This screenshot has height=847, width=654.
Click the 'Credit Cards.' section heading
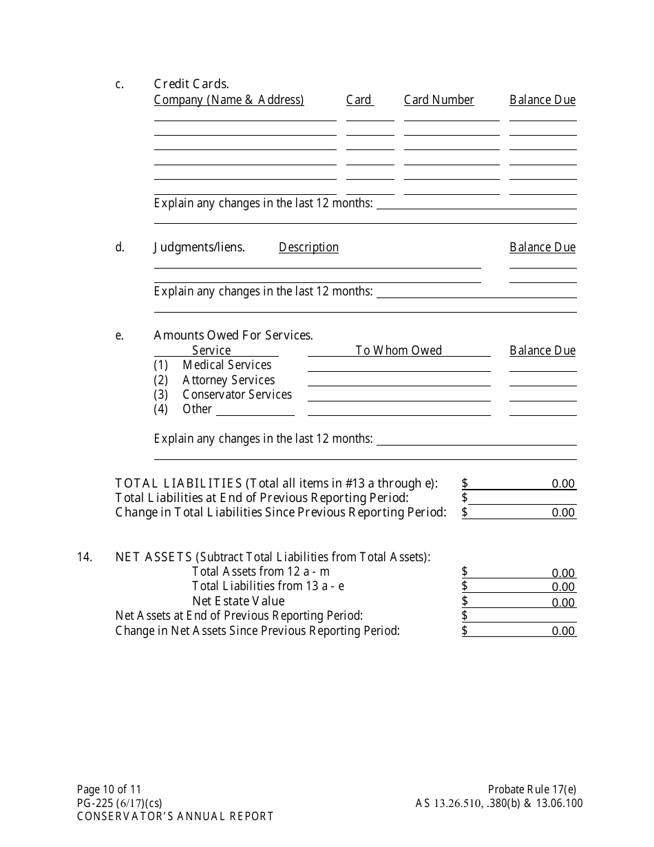pyautogui.click(x=191, y=84)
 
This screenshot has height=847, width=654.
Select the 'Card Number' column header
pyautogui.click(x=439, y=100)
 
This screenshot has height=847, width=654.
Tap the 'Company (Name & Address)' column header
pyautogui.click(x=229, y=100)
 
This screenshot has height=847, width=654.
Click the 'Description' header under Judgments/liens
pyautogui.click(x=308, y=247)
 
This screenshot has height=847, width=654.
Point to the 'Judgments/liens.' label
pyautogui.click(x=199, y=247)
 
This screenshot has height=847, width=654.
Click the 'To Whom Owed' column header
pyautogui.click(x=399, y=351)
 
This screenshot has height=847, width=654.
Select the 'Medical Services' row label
pyautogui.click(x=226, y=365)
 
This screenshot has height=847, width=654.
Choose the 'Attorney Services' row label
pyautogui.click(x=228, y=380)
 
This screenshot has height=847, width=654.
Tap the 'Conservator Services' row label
pyautogui.click(x=237, y=395)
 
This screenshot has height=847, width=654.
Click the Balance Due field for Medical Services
pyautogui.click(x=542, y=366)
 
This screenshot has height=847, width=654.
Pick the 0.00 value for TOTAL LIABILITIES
pyautogui.click(x=562, y=483)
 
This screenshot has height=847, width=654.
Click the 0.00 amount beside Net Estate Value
pyautogui.click(x=562, y=603)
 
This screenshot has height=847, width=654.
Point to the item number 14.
pyautogui.click(x=85, y=557)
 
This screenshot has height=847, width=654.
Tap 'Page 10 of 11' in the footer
pyautogui.click(x=109, y=790)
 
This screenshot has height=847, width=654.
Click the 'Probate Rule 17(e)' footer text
pyautogui.click(x=527, y=790)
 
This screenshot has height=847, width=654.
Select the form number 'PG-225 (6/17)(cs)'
pyautogui.click(x=120, y=803)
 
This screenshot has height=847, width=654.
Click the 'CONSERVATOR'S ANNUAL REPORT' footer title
pyautogui.click(x=175, y=817)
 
